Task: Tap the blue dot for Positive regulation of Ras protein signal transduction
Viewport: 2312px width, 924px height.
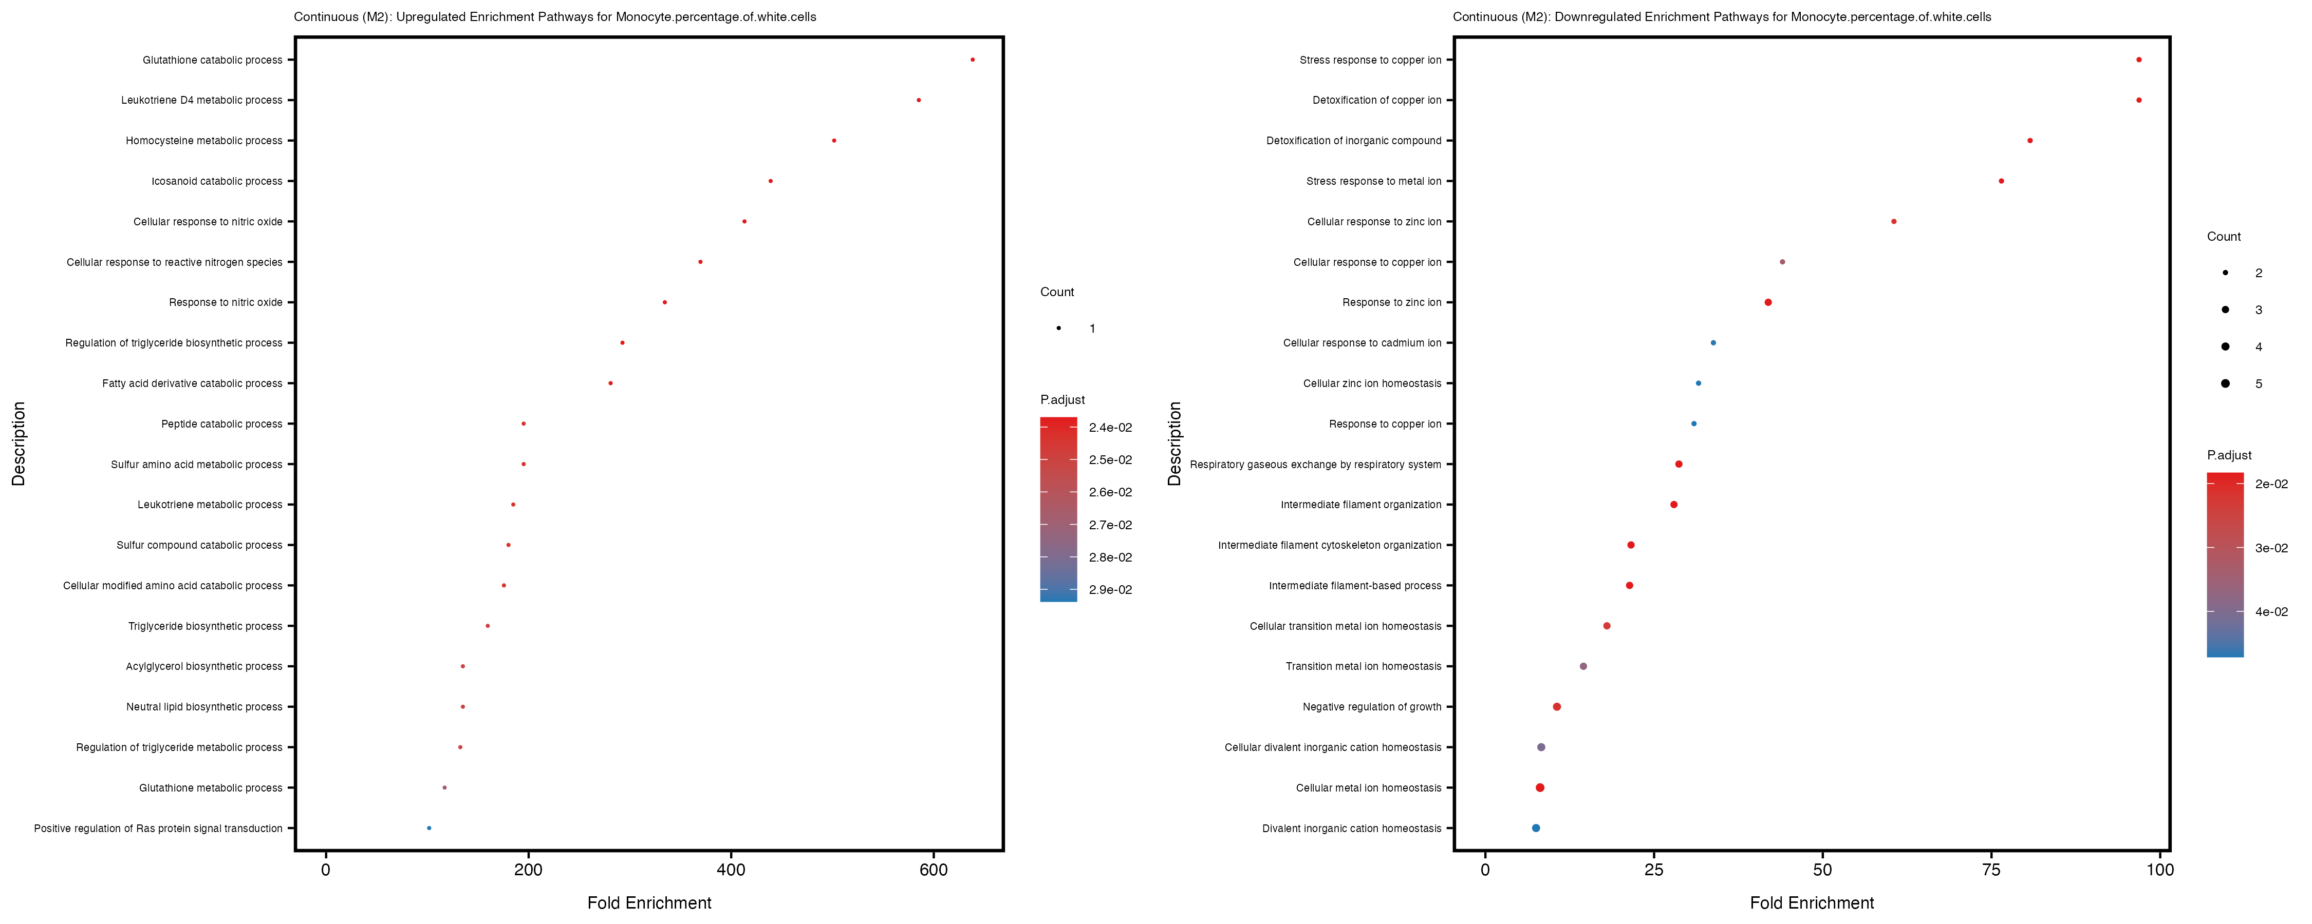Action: (x=429, y=828)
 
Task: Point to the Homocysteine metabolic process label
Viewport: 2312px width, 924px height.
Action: (x=204, y=141)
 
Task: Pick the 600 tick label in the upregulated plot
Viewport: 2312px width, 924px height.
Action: (x=934, y=869)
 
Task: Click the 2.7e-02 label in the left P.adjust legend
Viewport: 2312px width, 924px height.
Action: (x=1110, y=525)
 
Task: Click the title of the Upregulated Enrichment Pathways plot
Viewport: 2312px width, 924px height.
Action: (x=555, y=17)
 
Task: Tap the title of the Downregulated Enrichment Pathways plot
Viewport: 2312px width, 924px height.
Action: (x=1722, y=17)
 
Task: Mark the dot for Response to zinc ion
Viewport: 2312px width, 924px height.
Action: (x=1768, y=302)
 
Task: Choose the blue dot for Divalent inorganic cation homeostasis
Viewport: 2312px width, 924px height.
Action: (x=1536, y=828)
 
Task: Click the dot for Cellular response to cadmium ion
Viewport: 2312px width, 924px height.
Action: (x=1713, y=343)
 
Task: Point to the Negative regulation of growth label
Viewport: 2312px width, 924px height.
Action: (x=1371, y=707)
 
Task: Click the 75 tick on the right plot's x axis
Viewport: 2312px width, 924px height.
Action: (x=1991, y=869)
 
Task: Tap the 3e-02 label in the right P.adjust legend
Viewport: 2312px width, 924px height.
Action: (x=2271, y=548)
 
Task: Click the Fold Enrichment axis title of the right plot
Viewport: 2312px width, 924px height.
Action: (x=1811, y=902)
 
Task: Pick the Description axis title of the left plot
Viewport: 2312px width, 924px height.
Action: (x=19, y=443)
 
